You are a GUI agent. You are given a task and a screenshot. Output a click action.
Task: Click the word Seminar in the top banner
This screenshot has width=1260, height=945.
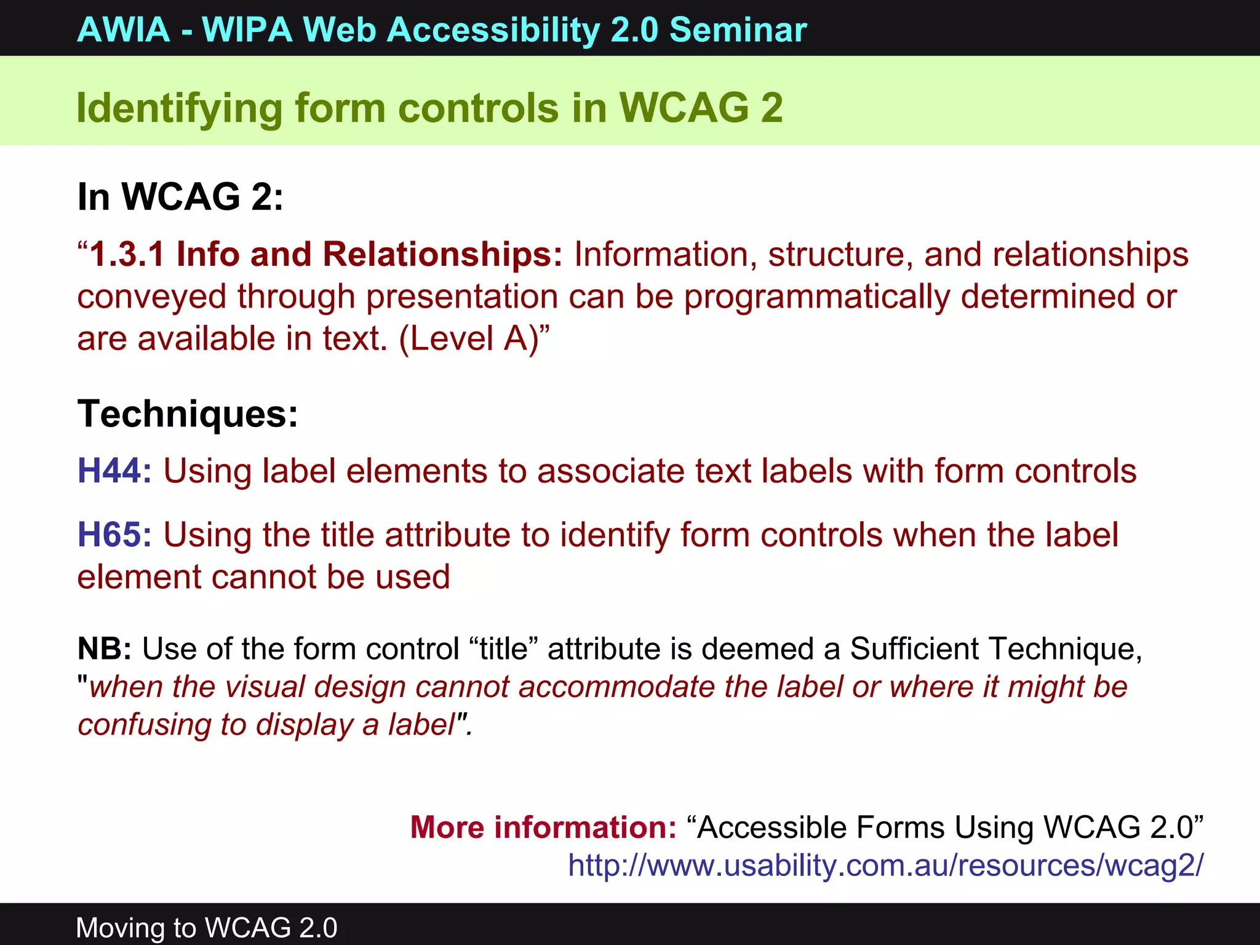(x=738, y=30)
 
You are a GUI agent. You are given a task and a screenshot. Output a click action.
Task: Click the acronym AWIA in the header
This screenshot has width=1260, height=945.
(x=124, y=30)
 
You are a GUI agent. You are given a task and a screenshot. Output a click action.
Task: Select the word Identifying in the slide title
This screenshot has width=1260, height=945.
(x=178, y=108)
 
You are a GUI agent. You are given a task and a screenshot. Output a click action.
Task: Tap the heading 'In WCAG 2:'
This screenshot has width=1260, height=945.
(x=180, y=197)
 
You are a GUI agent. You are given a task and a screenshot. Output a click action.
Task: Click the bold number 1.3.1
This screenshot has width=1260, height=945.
(x=127, y=255)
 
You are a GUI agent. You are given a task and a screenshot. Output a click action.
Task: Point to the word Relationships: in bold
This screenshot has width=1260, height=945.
(x=442, y=255)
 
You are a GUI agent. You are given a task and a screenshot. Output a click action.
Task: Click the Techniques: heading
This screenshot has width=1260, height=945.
(x=188, y=413)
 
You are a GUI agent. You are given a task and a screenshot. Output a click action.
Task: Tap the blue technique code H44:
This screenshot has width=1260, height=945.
(x=114, y=471)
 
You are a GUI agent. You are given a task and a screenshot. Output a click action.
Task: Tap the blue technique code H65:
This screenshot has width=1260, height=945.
(x=114, y=535)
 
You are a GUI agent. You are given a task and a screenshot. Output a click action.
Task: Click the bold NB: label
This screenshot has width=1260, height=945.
(x=104, y=648)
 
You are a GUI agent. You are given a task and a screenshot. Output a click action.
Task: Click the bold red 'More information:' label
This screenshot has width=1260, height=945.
(x=543, y=827)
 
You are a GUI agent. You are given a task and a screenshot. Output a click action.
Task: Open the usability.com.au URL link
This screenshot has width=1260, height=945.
(x=885, y=865)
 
